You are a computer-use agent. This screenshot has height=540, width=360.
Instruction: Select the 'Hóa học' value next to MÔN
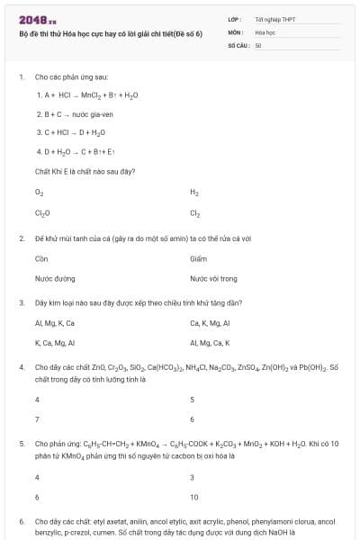tap(265, 31)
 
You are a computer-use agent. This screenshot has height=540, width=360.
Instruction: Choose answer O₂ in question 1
tap(39, 192)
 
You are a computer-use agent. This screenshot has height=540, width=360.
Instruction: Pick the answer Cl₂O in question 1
tap(41, 213)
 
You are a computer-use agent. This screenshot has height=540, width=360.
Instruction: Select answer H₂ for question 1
tap(194, 192)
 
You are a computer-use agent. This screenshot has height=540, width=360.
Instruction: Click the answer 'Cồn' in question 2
tap(40, 258)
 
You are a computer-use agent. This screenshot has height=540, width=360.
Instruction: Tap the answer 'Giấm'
tap(198, 258)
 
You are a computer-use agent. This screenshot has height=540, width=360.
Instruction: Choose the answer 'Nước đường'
tap(54, 279)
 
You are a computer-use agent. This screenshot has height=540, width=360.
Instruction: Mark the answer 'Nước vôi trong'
tap(213, 279)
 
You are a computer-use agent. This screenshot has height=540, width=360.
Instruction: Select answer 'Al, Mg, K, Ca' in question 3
tap(54, 322)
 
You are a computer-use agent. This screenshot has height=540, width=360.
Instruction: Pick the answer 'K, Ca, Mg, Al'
tap(54, 343)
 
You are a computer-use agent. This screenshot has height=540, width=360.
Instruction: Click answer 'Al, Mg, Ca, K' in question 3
tap(210, 343)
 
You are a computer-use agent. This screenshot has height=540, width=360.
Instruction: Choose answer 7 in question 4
tap(37, 419)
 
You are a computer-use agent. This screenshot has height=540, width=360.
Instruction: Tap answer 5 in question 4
tap(192, 399)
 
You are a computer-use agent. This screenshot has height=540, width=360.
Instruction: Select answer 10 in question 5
tap(194, 497)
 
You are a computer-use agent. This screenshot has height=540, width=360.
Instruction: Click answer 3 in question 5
tap(192, 476)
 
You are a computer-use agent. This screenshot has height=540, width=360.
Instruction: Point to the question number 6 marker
tap(21, 521)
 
